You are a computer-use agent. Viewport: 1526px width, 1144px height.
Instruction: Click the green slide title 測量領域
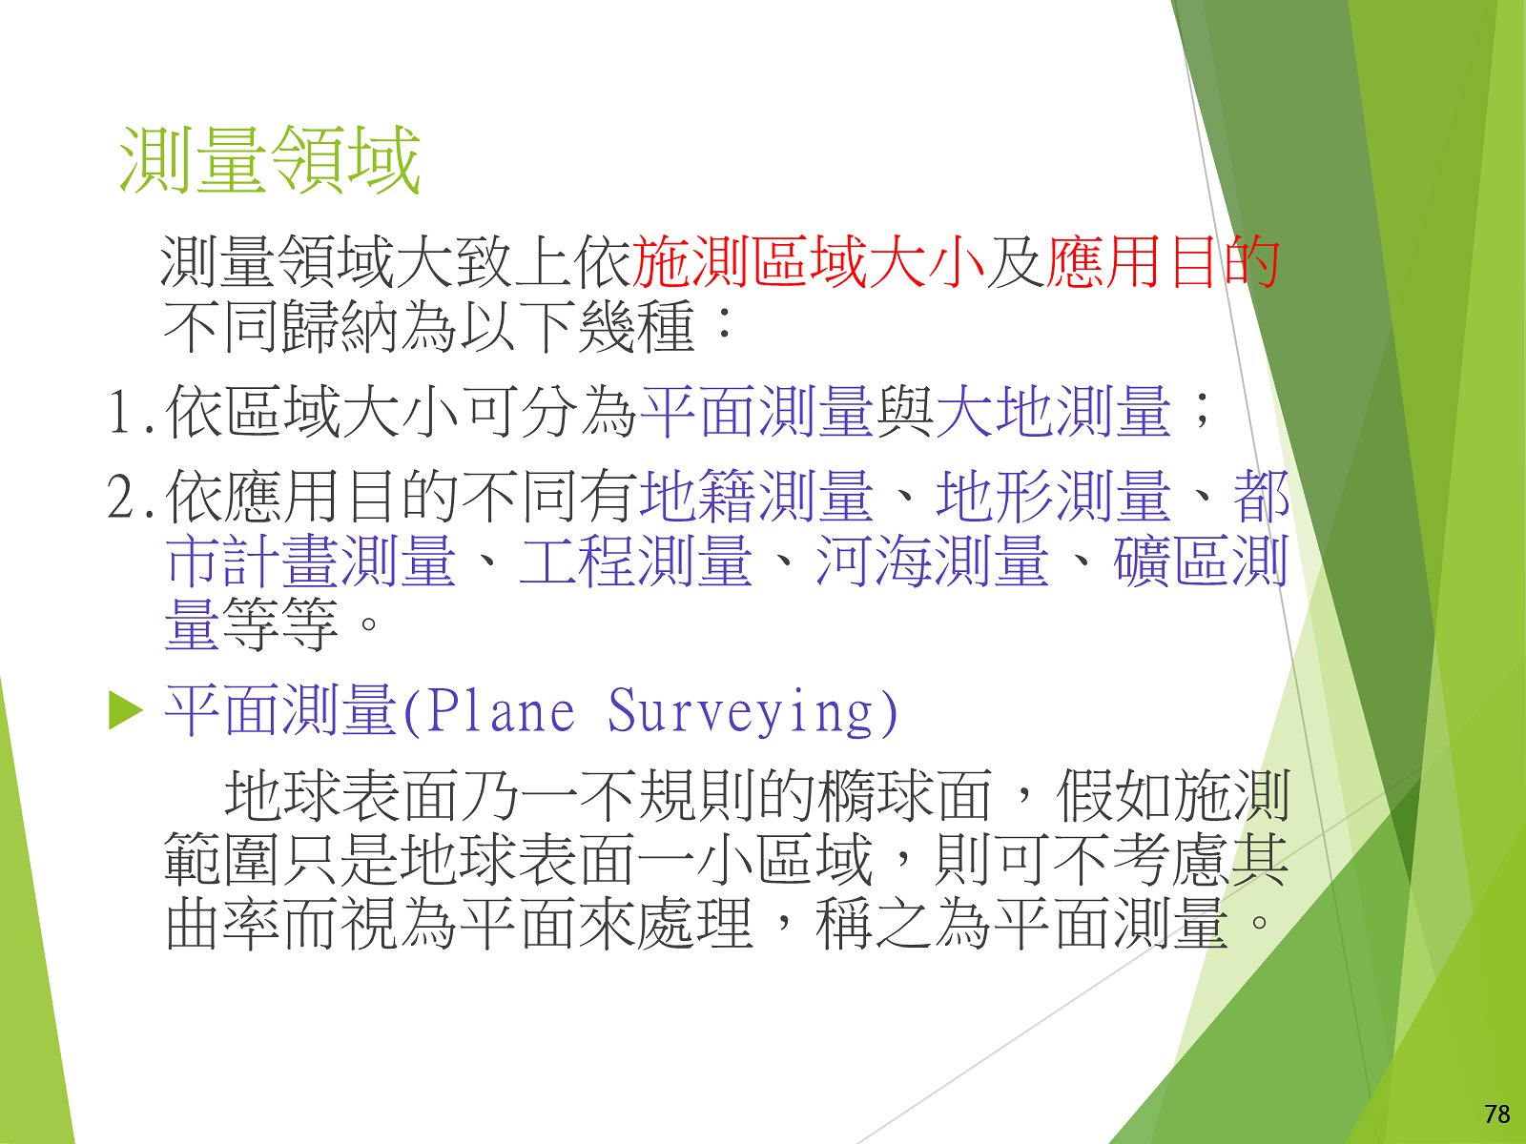pyautogui.click(x=270, y=160)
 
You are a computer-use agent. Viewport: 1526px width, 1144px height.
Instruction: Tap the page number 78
pyautogui.click(x=1496, y=1114)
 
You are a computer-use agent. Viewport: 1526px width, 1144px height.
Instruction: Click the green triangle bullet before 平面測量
pyautogui.click(x=126, y=712)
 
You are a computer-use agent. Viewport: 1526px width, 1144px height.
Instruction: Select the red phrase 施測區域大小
pyautogui.click(x=808, y=262)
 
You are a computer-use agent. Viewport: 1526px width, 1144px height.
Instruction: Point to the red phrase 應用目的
pyautogui.click(x=1163, y=262)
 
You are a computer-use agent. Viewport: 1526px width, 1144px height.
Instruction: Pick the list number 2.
pyautogui.click(x=124, y=496)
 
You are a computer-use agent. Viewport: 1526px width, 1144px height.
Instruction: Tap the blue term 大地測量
pyautogui.click(x=1054, y=412)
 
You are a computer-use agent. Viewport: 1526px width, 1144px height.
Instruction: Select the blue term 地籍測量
pyautogui.click(x=756, y=495)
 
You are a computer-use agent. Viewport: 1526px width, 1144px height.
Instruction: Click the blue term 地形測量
pyautogui.click(x=1054, y=495)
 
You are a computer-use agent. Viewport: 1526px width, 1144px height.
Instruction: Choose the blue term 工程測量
pyautogui.click(x=636, y=560)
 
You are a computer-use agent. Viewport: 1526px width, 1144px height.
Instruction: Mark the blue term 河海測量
pyautogui.click(x=933, y=560)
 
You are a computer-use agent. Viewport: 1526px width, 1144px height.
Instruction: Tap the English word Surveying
pyautogui.click(x=740, y=713)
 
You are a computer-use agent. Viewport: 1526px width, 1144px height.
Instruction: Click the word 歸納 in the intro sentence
pyautogui.click(x=341, y=326)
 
